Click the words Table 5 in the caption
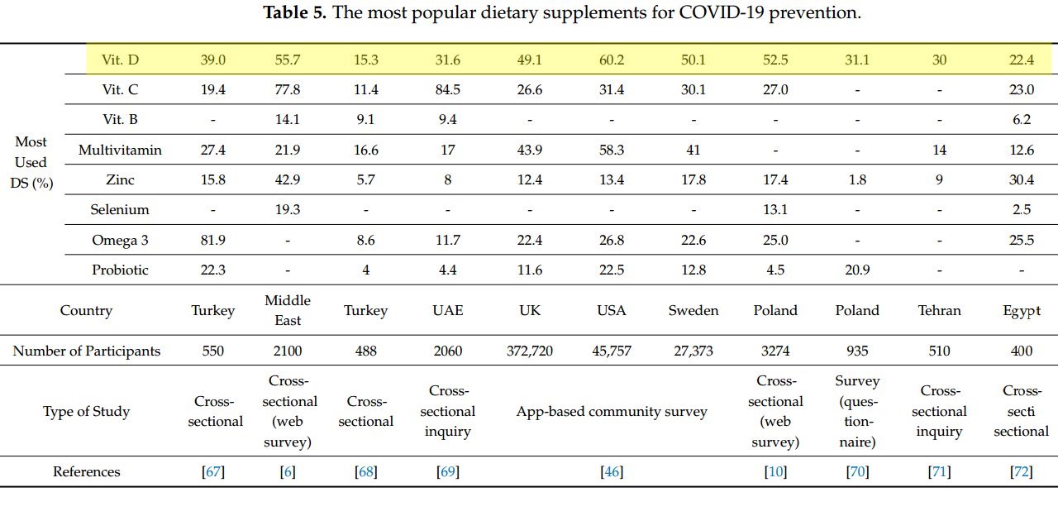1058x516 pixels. click(x=294, y=13)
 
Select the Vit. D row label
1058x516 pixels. click(x=120, y=60)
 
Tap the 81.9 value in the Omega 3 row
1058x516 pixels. click(x=213, y=240)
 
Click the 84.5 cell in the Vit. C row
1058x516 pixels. click(x=447, y=90)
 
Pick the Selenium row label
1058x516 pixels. click(x=120, y=210)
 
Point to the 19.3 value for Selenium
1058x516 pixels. click(x=288, y=210)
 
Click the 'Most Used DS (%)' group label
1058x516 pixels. click(x=31, y=163)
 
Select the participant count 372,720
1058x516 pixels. click(x=530, y=351)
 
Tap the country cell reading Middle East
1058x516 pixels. click(x=288, y=310)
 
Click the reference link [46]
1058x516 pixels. click(x=612, y=472)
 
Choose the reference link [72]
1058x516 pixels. click(x=1022, y=472)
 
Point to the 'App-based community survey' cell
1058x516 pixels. click(x=612, y=411)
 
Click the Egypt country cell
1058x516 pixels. click(x=1022, y=311)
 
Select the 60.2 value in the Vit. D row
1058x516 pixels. click(x=612, y=60)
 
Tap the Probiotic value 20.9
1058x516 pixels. click(x=857, y=270)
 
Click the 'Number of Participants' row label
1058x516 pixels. click(x=87, y=351)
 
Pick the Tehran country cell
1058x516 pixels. click(x=940, y=311)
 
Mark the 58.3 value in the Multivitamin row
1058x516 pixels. click(x=612, y=150)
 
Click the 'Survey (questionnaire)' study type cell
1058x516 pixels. click(x=857, y=411)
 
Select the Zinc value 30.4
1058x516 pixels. click(x=1022, y=179)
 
